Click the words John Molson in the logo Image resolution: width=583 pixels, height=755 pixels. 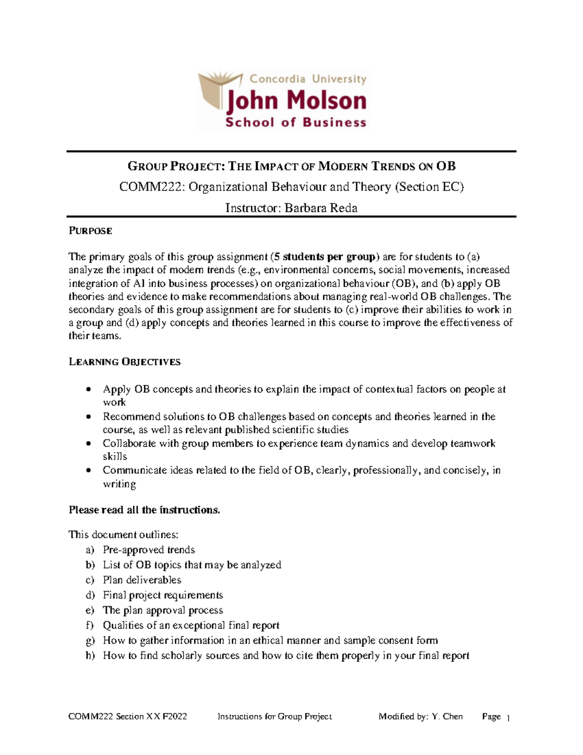tap(296, 101)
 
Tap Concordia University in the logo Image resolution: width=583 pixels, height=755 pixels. tap(308, 79)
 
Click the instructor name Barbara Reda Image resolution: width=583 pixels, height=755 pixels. tap(321, 208)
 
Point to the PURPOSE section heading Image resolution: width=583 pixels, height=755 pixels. tap(90, 231)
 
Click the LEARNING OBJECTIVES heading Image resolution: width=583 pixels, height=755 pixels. tap(124, 362)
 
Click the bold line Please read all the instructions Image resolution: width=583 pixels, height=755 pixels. tap(144, 510)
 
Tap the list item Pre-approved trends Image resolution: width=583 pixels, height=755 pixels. tap(149, 550)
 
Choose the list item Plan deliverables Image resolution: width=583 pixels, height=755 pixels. tap(142, 580)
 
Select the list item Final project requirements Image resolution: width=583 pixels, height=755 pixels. tap(163, 595)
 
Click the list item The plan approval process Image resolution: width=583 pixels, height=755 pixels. tap(163, 610)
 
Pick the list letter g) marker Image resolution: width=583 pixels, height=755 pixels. tap(90, 641)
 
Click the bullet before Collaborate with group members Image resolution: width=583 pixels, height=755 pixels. tap(88, 444)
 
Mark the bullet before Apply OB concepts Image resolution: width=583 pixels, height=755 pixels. tap(88, 389)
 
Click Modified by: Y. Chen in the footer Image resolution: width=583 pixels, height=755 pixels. tap(420, 717)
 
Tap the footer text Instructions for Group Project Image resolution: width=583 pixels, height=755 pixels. tap(274, 717)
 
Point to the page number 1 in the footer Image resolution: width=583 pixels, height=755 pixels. tap(508, 718)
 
